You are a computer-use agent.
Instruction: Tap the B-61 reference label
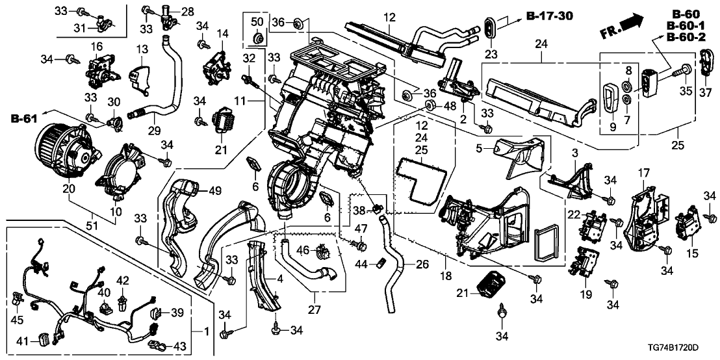pos(23,119)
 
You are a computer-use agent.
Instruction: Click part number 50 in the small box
pos(257,23)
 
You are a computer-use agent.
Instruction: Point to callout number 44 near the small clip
pos(365,263)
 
